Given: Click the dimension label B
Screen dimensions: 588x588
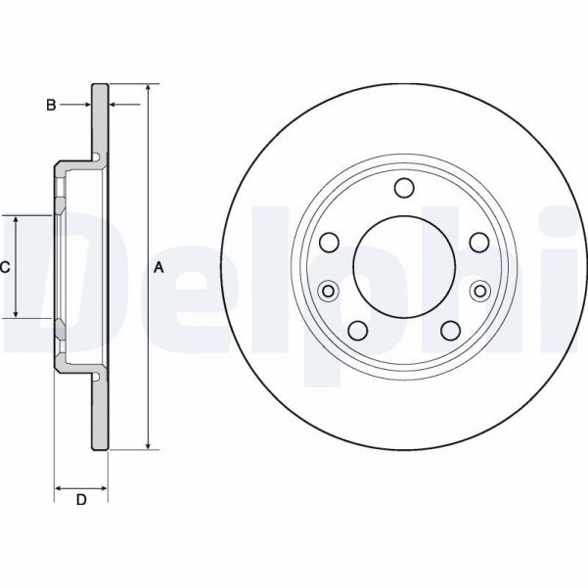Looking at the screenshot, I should tap(51, 104).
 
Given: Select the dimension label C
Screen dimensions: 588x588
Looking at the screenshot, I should tap(5, 266).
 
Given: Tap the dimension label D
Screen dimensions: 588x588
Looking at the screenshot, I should tap(81, 501).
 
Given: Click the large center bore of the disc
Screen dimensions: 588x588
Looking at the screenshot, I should tap(403, 266).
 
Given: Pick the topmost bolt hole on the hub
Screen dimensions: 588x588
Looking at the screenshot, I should tap(403, 187).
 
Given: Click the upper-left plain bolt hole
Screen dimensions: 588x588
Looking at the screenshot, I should tap(330, 242).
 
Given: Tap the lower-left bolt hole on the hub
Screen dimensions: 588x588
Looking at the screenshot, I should tap(358, 331).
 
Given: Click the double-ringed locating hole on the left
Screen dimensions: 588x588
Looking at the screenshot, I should tap(328, 290).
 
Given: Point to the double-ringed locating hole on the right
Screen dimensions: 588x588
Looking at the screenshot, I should tap(479, 290).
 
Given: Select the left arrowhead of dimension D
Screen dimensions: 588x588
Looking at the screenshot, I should tap(59, 486).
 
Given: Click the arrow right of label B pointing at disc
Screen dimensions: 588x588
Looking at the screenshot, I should tap(86, 104).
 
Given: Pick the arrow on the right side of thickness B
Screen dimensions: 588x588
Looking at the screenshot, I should tap(113, 104).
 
